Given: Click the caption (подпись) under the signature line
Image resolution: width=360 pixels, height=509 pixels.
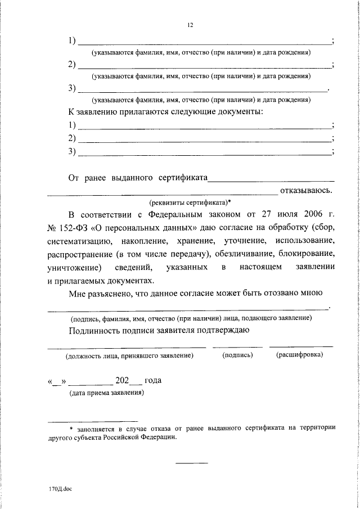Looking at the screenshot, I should (237, 355).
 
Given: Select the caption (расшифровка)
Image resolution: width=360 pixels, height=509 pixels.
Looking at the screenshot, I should (299, 355).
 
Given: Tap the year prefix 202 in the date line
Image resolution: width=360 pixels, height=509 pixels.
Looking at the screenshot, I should (122, 380).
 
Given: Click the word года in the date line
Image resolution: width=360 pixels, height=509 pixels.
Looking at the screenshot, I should (153, 380).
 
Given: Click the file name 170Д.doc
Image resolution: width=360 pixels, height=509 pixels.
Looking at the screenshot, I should (60, 489).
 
